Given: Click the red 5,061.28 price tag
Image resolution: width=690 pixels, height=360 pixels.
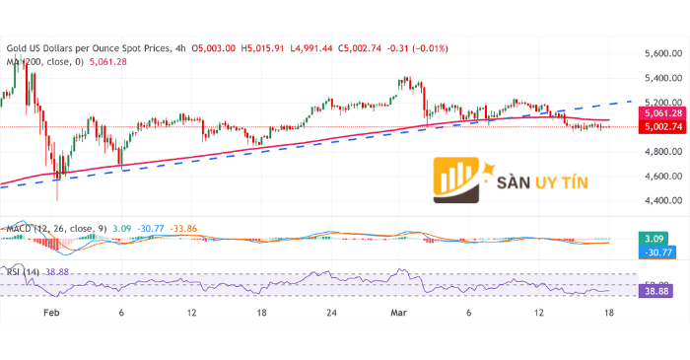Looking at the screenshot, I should click(657, 113).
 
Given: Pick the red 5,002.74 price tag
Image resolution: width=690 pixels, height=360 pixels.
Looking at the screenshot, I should click(657, 127).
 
